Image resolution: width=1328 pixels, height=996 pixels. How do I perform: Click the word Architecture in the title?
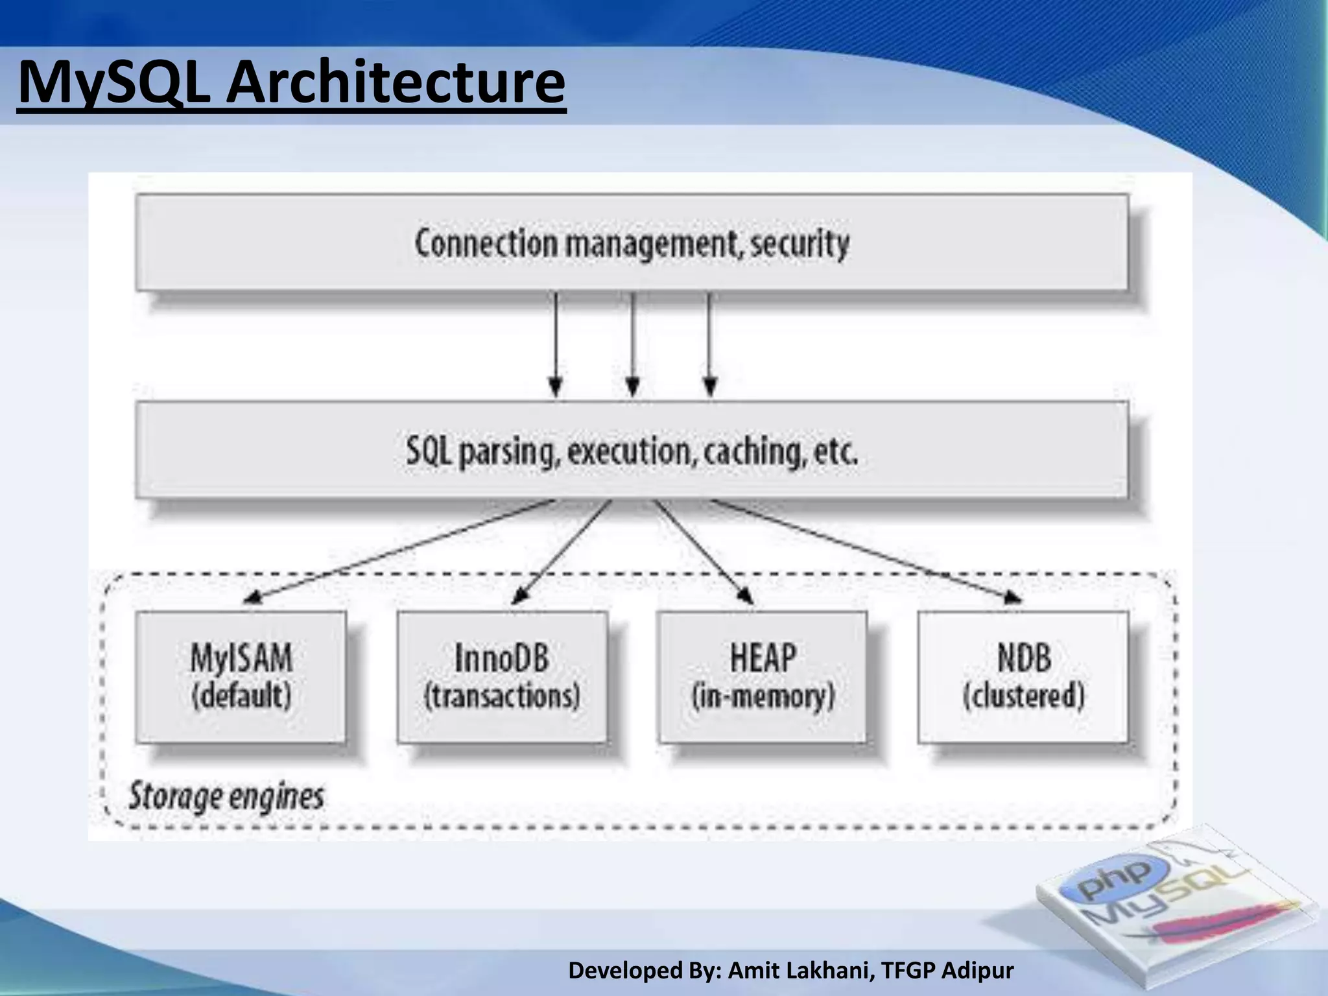point(395,83)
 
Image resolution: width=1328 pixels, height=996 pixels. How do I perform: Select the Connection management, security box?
point(632,244)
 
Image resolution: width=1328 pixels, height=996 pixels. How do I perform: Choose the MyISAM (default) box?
point(241,676)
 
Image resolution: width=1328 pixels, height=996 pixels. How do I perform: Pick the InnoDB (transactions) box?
point(502,676)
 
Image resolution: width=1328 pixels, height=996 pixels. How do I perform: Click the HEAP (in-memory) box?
point(763,676)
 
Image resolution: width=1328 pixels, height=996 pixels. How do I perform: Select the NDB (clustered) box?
point(1023,676)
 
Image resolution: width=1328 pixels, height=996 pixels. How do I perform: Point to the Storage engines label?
point(226,796)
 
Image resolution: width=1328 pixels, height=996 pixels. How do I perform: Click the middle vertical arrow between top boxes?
point(633,344)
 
